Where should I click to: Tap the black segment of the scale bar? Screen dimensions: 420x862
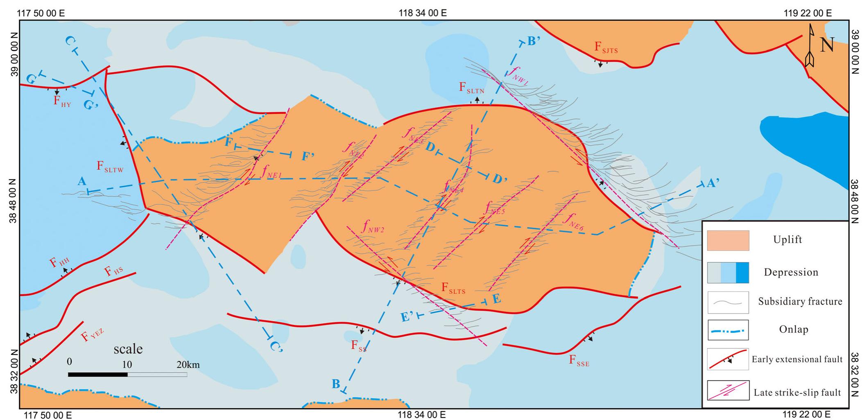[x=97, y=374]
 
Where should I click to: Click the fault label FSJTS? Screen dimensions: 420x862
[x=606, y=47]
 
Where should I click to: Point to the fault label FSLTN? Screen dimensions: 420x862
[x=471, y=88]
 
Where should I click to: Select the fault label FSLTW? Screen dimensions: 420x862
[x=110, y=167]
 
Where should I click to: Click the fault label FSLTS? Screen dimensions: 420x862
[x=453, y=289]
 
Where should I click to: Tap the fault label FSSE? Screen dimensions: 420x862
[x=579, y=361]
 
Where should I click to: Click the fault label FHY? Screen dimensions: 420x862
[x=62, y=102]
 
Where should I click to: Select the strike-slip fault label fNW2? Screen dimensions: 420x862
[x=372, y=227]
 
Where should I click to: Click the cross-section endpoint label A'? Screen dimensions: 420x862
[x=713, y=184]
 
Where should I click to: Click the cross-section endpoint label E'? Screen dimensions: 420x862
[x=407, y=316]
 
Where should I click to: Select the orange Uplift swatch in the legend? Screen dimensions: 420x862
[x=728, y=240]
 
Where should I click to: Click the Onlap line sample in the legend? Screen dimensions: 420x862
[x=728, y=330]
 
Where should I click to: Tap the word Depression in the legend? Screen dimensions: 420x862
[x=791, y=273]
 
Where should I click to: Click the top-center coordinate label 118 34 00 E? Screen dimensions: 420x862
[x=422, y=13]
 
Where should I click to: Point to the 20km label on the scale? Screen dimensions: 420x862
[x=188, y=364]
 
